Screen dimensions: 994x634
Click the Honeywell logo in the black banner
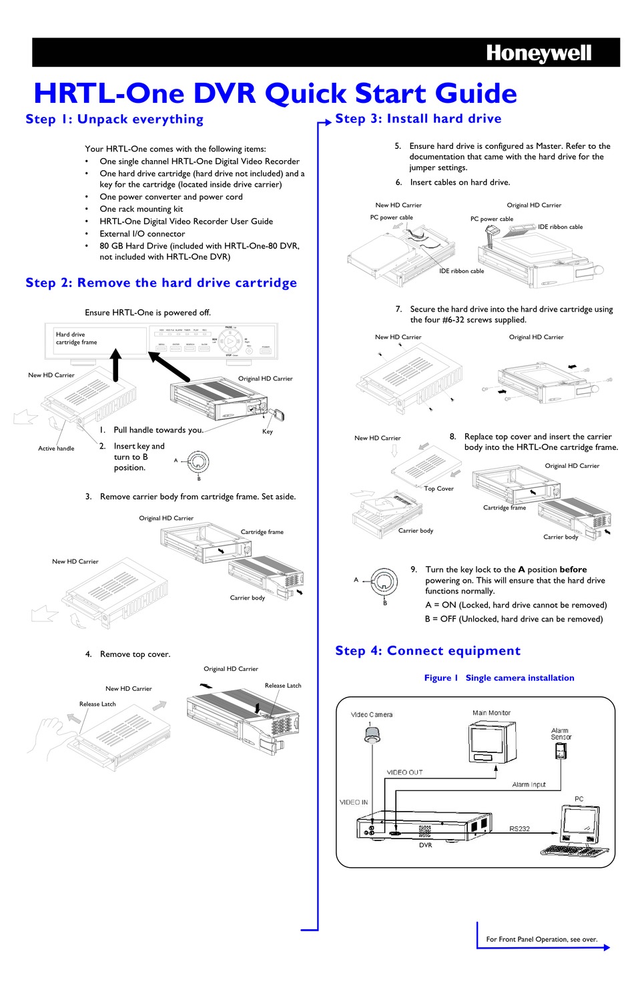click(x=538, y=53)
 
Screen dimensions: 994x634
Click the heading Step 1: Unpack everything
click(x=114, y=119)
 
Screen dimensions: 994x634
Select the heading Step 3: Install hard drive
click(x=418, y=119)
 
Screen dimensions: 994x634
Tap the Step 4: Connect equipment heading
click(x=427, y=651)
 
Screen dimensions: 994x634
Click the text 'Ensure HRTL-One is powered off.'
click(x=147, y=312)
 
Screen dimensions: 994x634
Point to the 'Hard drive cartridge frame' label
click(x=76, y=338)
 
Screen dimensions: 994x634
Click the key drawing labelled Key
click(x=279, y=416)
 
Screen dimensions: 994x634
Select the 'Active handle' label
click(x=56, y=449)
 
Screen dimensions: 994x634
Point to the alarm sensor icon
click(x=560, y=752)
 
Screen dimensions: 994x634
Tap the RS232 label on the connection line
click(x=519, y=828)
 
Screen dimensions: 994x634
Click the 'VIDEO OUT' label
click(x=404, y=772)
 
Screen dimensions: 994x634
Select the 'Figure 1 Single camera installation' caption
click(x=499, y=678)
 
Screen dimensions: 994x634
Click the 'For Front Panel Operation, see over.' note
click(x=541, y=939)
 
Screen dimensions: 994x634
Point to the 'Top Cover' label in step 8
click(x=438, y=489)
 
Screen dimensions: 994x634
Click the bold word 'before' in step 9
click(x=573, y=569)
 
